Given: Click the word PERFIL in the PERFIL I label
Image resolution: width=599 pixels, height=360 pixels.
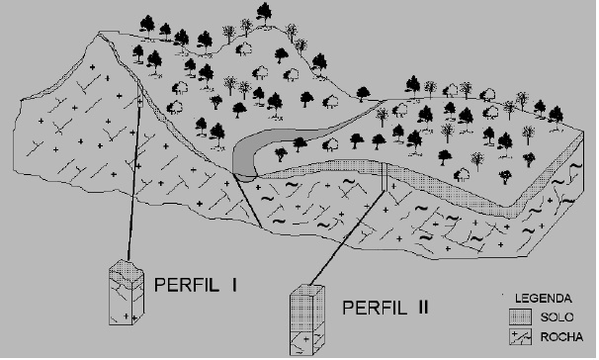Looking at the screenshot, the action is point(187,285).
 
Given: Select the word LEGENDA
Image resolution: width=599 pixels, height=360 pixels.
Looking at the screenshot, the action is point(543,298).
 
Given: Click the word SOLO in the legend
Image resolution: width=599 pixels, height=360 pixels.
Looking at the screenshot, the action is point(556,317).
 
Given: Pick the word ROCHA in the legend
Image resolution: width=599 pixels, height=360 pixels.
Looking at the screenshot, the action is point(561,337).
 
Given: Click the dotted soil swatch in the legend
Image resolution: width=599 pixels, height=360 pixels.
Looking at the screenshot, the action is point(520,317).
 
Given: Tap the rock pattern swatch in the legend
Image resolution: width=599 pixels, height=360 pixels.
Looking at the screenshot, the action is point(520,337).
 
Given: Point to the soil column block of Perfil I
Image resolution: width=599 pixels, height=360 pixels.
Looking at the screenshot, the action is point(127,271).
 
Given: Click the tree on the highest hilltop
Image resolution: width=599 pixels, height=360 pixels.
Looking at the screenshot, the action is point(264,14).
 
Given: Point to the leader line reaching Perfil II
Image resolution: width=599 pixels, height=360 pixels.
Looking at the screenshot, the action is point(347,237).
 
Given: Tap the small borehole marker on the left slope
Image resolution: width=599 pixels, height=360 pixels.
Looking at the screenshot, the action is point(139,102).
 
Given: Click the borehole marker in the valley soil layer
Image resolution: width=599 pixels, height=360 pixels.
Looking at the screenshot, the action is point(385,177).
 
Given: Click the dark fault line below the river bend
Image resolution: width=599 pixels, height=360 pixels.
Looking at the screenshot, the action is point(247,201).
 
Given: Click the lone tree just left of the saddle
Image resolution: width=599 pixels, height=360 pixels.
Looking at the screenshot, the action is point(363,94).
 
